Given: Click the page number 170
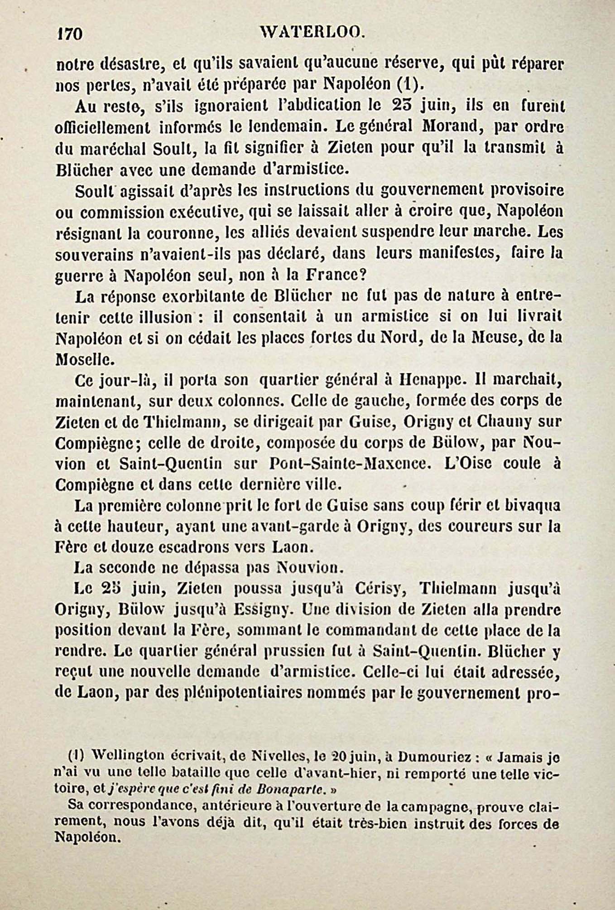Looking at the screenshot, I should (69, 34).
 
